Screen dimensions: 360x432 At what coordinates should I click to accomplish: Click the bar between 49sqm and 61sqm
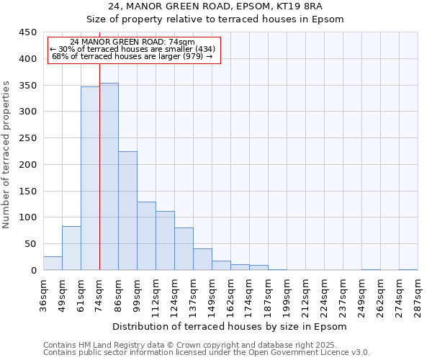[71, 248]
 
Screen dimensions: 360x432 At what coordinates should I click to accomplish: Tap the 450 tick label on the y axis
[27, 32]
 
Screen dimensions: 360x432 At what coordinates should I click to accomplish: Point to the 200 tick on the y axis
[27, 165]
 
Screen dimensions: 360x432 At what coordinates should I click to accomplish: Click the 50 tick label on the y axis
[30, 244]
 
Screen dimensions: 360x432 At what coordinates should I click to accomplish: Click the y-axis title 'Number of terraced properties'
[6, 154]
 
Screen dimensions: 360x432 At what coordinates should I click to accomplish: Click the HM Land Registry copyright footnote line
[205, 345]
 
